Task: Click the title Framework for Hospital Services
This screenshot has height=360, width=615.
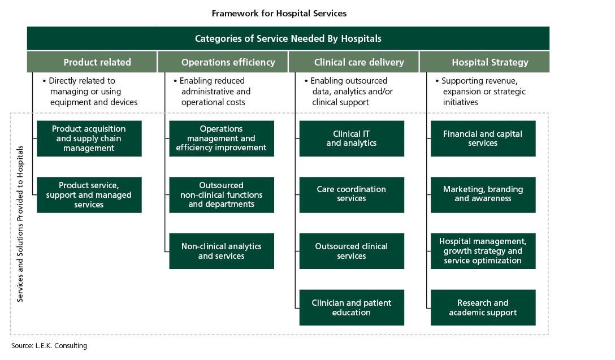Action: point(279,14)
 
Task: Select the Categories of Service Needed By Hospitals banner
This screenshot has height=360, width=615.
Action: point(288,38)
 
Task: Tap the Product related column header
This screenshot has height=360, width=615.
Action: point(92,62)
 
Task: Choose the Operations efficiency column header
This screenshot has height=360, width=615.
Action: point(223,62)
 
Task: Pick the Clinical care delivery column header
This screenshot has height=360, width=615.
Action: point(354,62)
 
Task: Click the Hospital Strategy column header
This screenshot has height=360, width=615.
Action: point(485,62)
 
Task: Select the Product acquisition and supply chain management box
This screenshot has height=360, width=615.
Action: point(89,138)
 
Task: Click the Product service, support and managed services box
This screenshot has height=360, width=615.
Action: point(89,195)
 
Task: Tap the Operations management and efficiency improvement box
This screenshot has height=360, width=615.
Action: point(222,138)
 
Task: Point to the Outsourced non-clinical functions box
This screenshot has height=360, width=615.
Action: point(222,195)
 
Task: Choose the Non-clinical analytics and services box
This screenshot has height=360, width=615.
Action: point(222,251)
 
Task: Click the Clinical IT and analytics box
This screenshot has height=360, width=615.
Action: point(352,138)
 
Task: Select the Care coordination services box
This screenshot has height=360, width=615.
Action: point(352,195)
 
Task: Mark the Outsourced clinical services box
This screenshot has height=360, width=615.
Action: point(352,251)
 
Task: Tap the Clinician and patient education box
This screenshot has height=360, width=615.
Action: point(352,307)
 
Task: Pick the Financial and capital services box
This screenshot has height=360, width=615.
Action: point(483,138)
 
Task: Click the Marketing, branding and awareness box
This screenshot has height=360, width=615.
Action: point(483,195)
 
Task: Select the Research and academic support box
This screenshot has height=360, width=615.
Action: point(483,307)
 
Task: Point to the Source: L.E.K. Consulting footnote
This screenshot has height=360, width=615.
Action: point(49,345)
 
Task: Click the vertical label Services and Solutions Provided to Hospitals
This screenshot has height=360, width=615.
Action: point(20,224)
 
